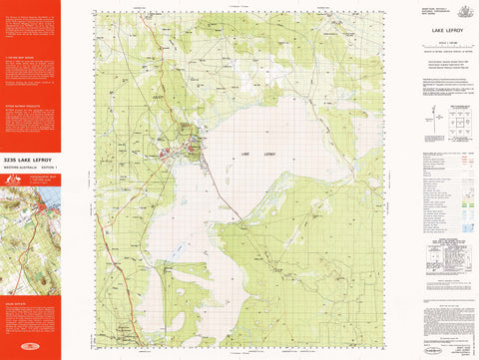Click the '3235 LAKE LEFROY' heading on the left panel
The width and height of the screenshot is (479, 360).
[x=30, y=159]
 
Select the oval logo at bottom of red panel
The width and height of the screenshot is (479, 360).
[x=30, y=349]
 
